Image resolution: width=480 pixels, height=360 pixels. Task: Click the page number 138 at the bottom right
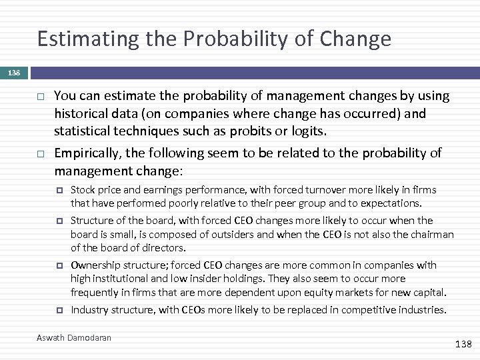(463, 344)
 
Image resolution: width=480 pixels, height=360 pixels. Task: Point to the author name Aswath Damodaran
(74, 338)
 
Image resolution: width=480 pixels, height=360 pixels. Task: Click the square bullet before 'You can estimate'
(40, 97)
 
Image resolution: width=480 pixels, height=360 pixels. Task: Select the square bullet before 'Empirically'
(40, 154)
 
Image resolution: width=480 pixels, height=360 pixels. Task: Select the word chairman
(431, 234)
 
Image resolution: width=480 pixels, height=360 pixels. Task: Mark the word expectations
(390, 203)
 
